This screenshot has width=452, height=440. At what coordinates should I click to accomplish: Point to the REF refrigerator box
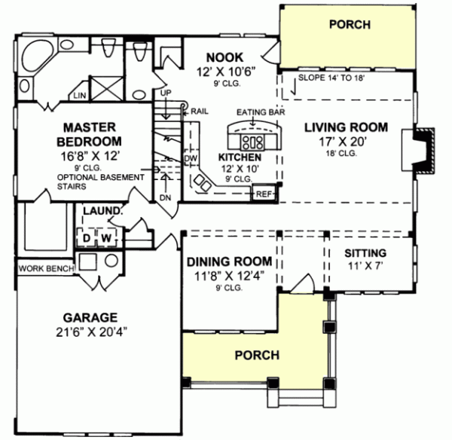(x=263, y=194)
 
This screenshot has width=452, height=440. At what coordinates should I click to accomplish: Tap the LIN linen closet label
(x=79, y=96)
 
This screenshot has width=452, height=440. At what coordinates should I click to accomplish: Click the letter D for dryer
(x=86, y=239)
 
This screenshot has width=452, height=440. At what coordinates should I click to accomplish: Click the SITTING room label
(x=365, y=252)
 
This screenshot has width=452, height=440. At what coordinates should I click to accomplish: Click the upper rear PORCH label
(x=350, y=25)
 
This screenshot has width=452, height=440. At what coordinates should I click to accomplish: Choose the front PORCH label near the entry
(x=257, y=354)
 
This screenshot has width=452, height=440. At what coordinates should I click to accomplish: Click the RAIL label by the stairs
(x=199, y=110)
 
